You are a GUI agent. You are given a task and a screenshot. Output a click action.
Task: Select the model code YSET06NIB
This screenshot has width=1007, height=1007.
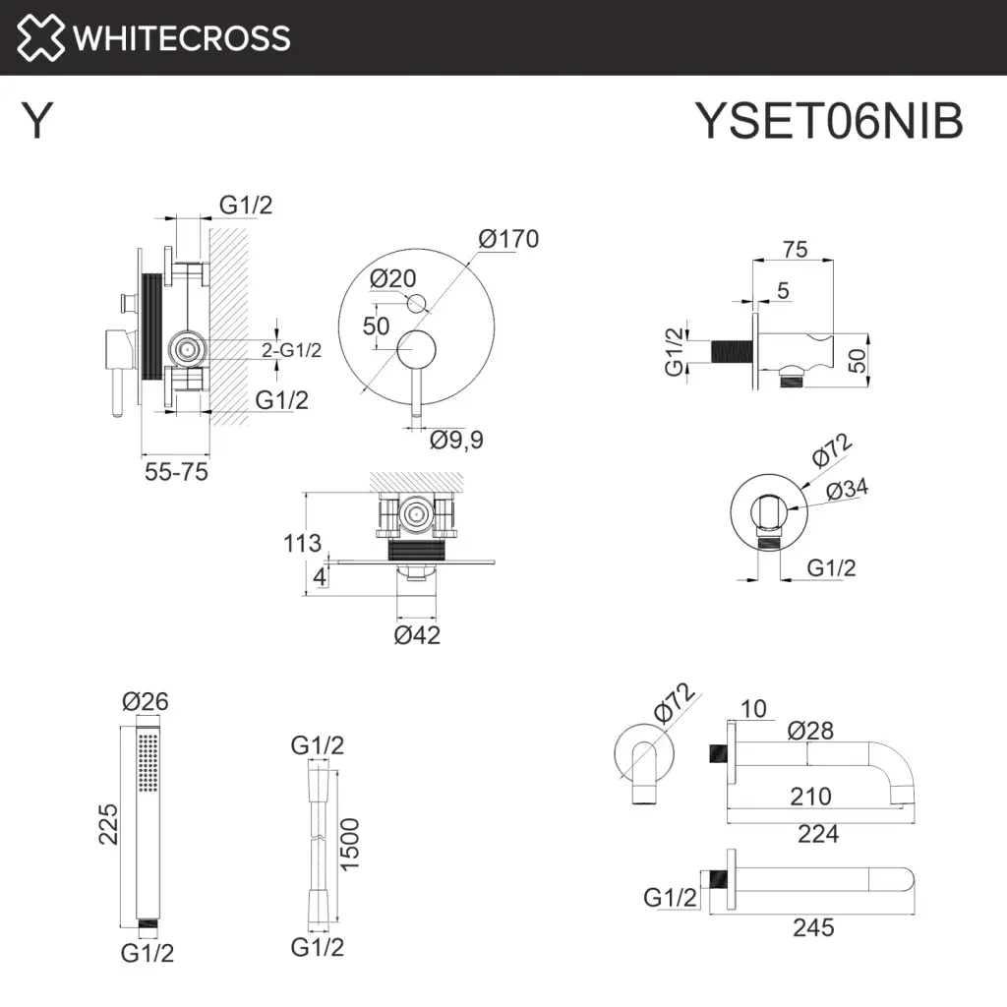point(829,122)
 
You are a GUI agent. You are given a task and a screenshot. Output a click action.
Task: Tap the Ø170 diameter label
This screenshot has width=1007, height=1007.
point(508,239)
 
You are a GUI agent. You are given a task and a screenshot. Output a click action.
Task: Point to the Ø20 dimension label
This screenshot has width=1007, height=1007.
point(393,278)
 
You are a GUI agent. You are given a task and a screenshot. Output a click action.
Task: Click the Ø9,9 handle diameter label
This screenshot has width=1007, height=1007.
point(457,440)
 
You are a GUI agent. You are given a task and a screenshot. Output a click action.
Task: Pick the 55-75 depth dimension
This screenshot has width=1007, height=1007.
point(176,471)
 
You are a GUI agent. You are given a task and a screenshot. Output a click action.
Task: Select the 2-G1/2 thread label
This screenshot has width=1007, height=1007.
point(291,350)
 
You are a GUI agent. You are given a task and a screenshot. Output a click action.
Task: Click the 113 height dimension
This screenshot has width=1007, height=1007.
point(301,543)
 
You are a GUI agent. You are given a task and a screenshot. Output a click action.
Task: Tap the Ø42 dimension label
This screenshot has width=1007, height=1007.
point(417,634)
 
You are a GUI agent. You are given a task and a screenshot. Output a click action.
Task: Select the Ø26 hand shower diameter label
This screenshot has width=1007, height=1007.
point(146,702)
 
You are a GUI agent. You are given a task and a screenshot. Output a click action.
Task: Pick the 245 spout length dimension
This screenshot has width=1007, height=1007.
point(812,926)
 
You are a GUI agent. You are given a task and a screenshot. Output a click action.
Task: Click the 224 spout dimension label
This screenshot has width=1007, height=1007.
point(818,834)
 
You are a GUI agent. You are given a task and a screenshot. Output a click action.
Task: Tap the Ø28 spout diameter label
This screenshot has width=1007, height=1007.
point(811,730)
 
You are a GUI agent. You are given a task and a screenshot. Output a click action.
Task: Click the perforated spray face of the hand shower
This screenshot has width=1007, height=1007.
point(148,762)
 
